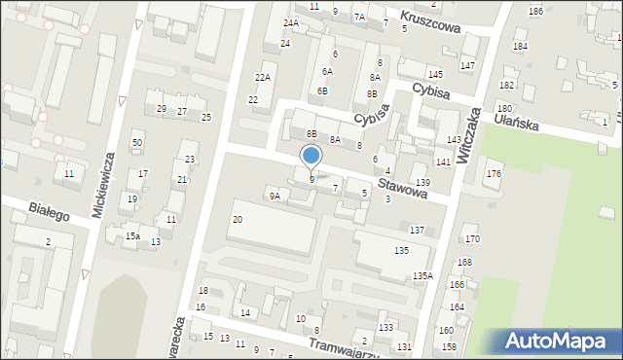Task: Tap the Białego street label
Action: click(x=49, y=210)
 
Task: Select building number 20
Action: click(x=237, y=220)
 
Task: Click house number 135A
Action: click(x=421, y=275)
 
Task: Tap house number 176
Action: click(x=494, y=173)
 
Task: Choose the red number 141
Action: click(x=443, y=162)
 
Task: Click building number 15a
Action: click(x=132, y=235)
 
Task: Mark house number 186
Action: click(x=535, y=11)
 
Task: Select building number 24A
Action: click(x=290, y=22)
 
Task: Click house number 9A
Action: click(x=275, y=196)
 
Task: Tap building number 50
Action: click(x=137, y=143)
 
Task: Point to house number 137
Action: click(x=417, y=230)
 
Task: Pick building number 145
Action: click(x=435, y=75)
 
